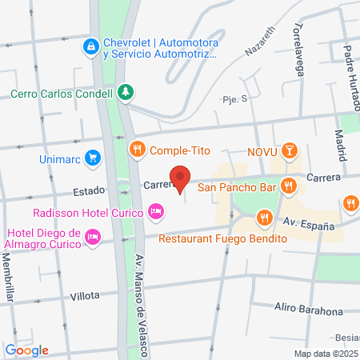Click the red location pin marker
(180, 178)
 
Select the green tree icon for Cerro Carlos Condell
(124, 92)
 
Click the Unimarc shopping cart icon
(94, 158)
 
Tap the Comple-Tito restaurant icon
(138, 148)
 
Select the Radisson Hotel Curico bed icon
(156, 212)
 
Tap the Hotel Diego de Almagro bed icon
(94, 236)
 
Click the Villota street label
(85, 295)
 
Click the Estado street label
(89, 191)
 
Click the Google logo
(27, 350)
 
